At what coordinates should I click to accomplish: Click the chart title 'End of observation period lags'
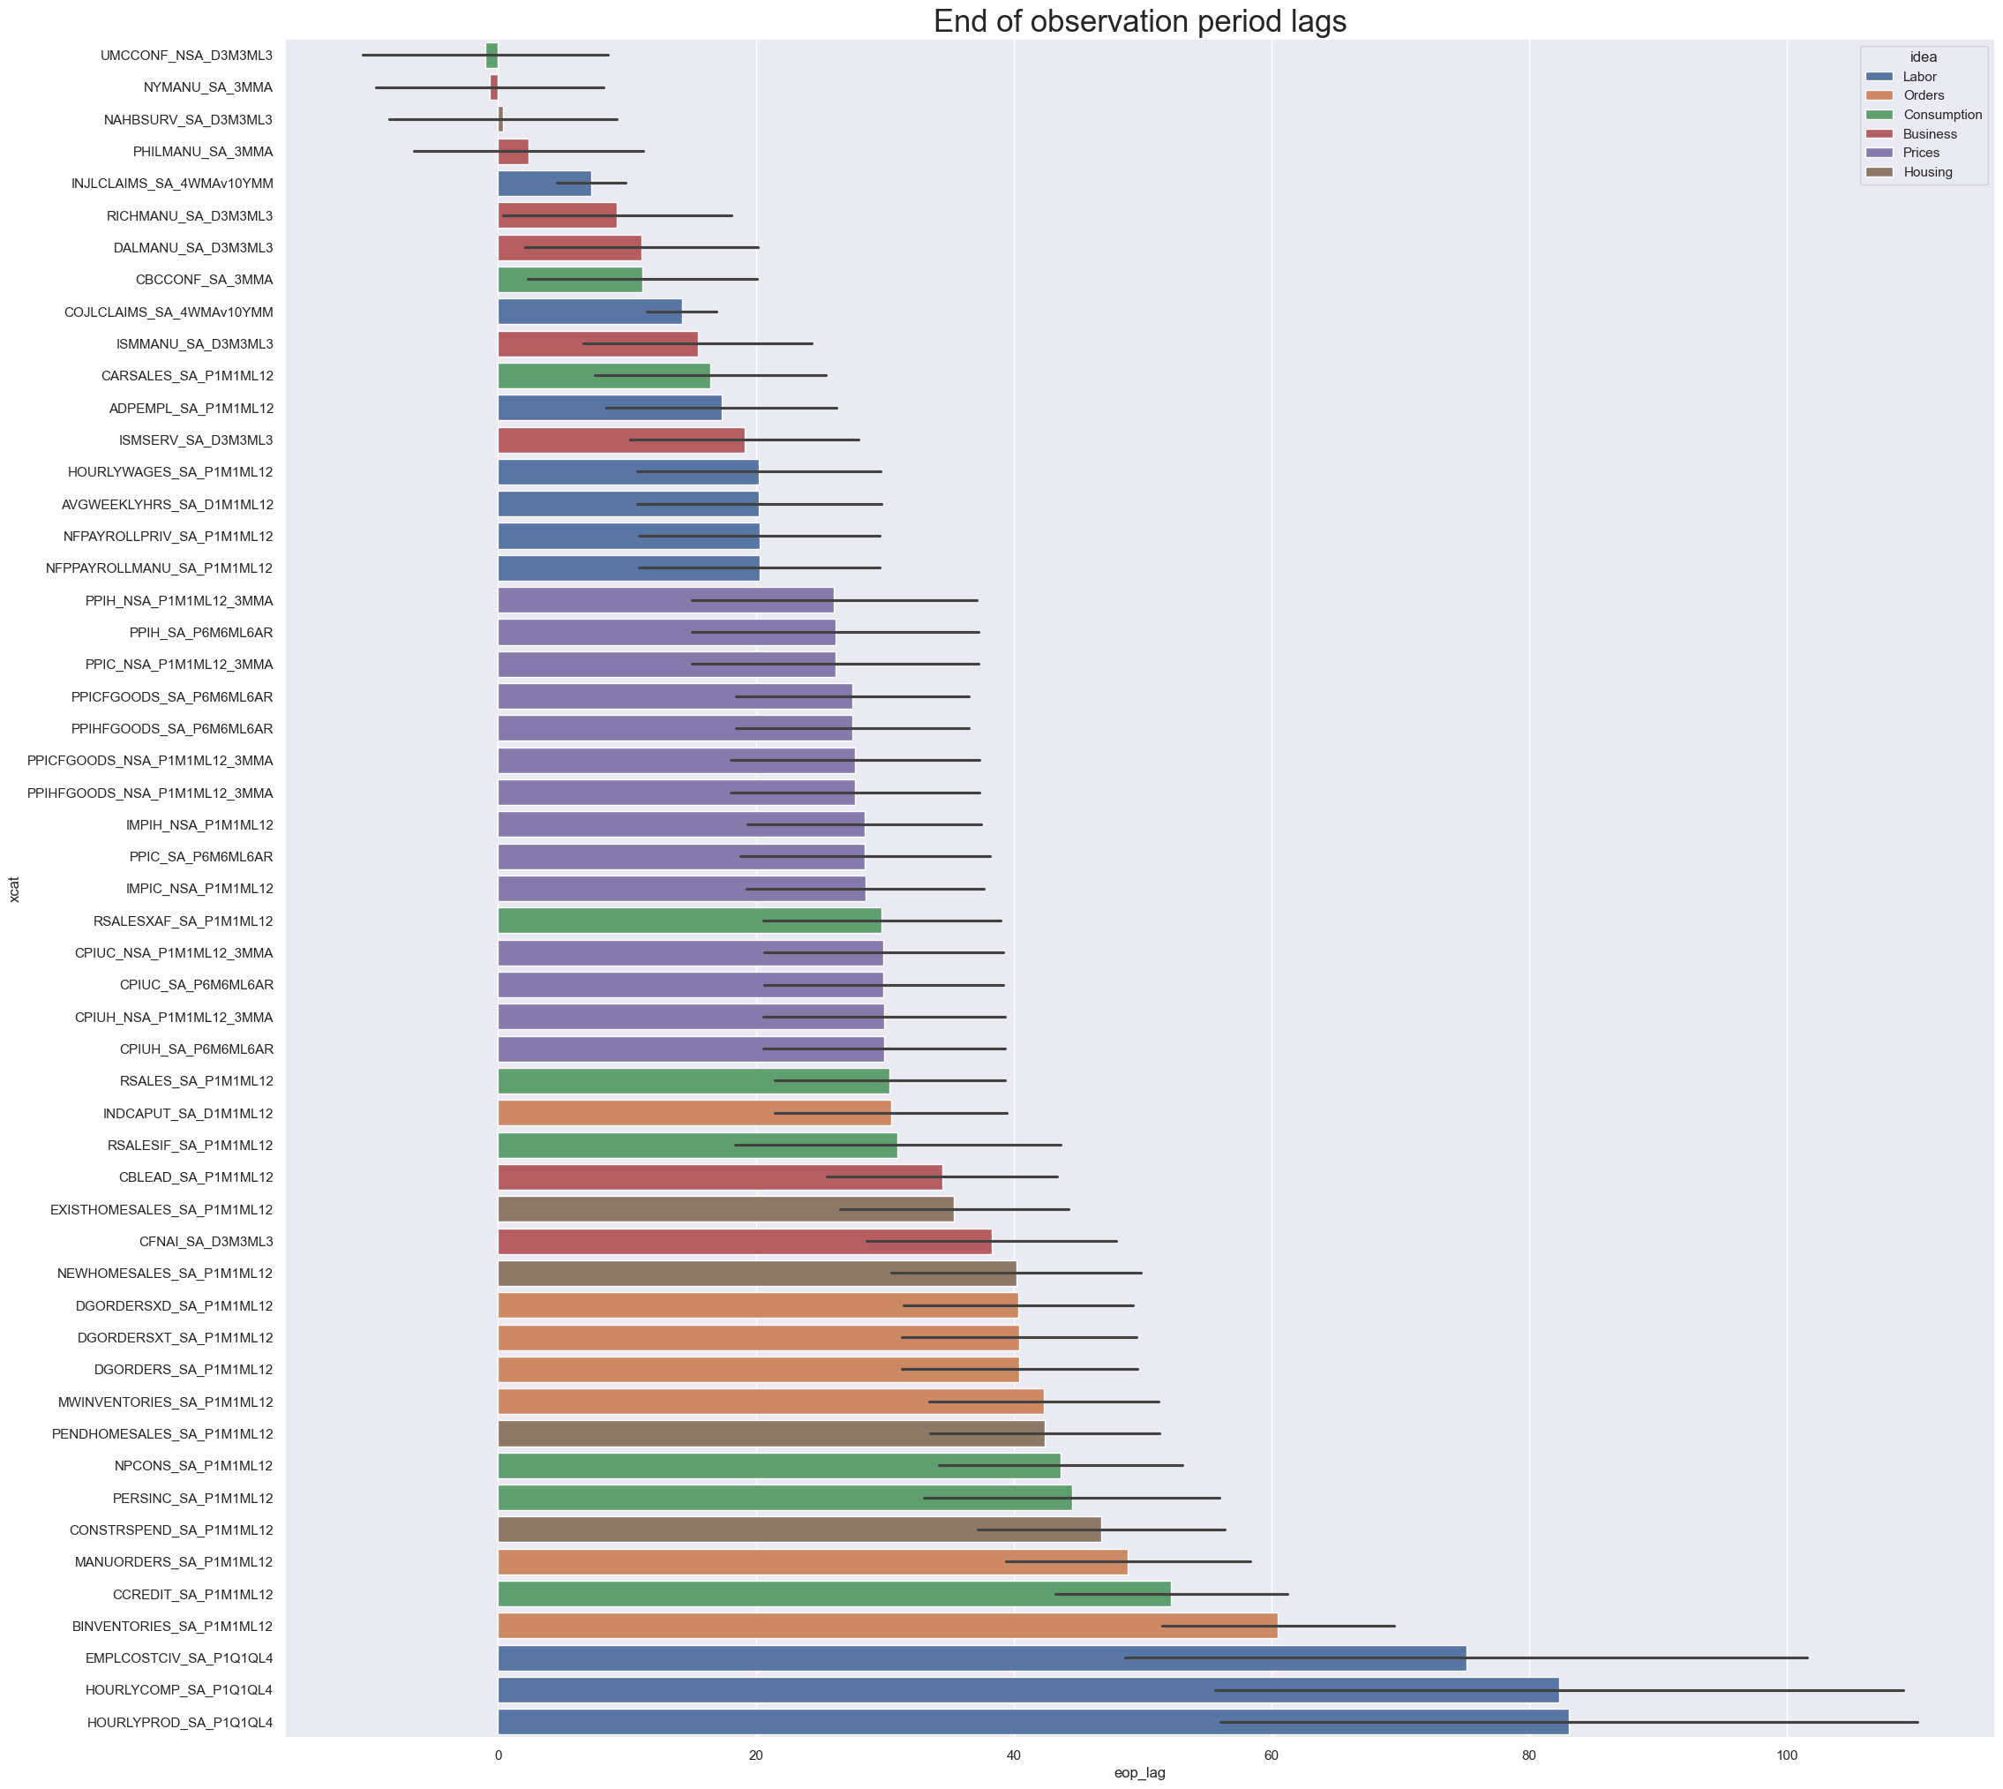pyautogui.click(x=1139, y=22)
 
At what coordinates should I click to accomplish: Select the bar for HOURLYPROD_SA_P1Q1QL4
pyautogui.click(x=1032, y=1722)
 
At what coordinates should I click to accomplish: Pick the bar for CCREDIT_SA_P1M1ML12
pyautogui.click(x=835, y=1593)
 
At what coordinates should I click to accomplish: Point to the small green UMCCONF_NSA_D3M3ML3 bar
pyautogui.click(x=491, y=55)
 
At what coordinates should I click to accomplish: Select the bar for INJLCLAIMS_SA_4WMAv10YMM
pyautogui.click(x=544, y=184)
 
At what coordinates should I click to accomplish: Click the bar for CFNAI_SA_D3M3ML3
pyautogui.click(x=744, y=1242)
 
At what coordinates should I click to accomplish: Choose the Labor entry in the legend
pyautogui.click(x=1918, y=77)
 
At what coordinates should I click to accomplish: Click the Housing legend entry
pyautogui.click(x=1927, y=172)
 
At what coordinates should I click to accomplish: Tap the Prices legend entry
pyautogui.click(x=1920, y=153)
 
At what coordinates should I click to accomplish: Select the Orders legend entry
pyautogui.click(x=1924, y=95)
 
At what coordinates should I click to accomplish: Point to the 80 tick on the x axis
pyautogui.click(x=1528, y=1755)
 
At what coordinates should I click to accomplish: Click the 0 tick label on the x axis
pyautogui.click(x=499, y=1755)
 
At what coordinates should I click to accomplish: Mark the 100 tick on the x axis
pyautogui.click(x=1786, y=1755)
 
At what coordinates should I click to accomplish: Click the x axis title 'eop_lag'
pyautogui.click(x=1139, y=1773)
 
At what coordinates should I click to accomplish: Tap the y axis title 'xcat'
pyautogui.click(x=14, y=889)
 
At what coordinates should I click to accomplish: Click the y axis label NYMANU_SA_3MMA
pyautogui.click(x=207, y=87)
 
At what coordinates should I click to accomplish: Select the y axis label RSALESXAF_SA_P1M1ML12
pyautogui.click(x=183, y=921)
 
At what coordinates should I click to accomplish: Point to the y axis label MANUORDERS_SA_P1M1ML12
pyautogui.click(x=174, y=1562)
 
